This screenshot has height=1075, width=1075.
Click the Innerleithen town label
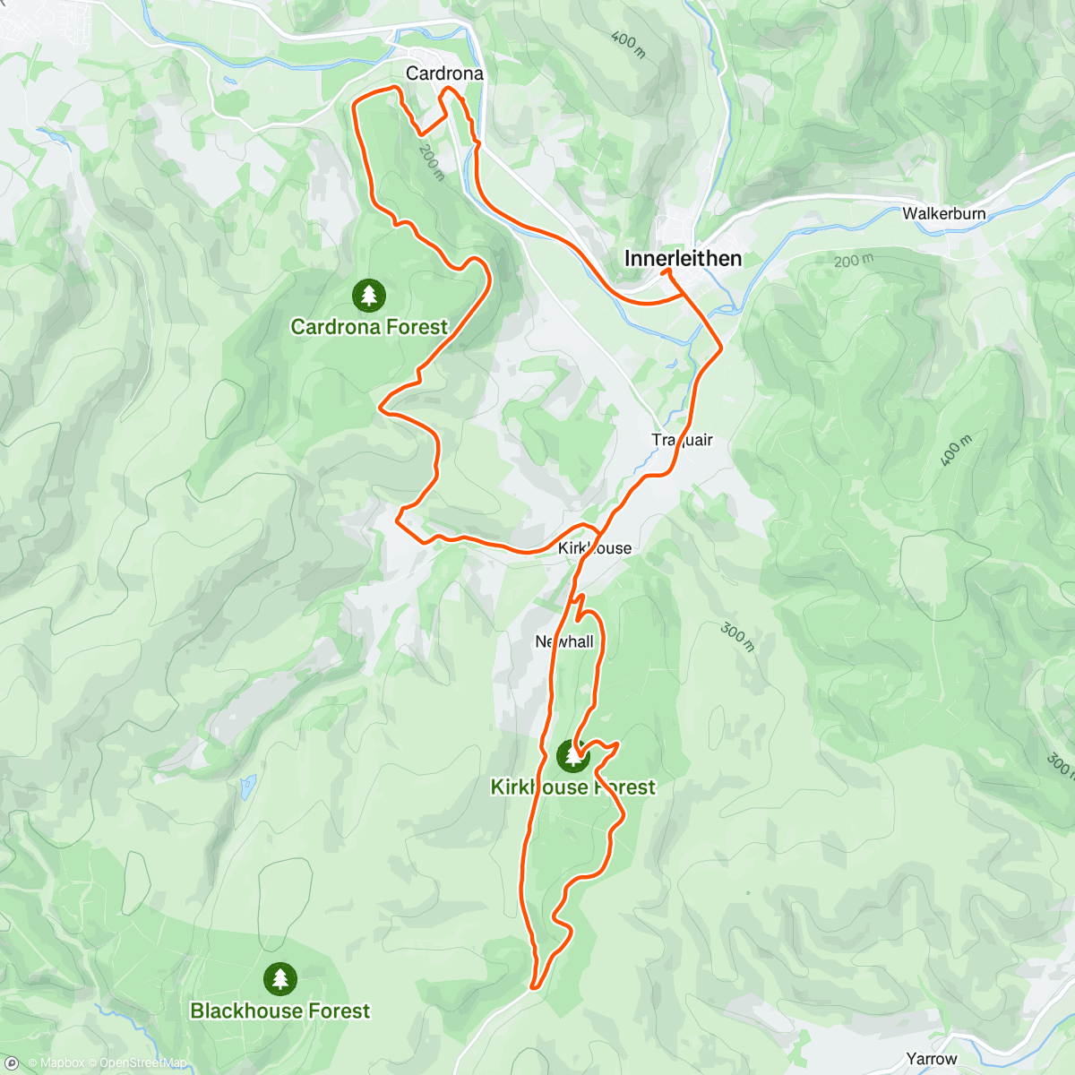point(683,259)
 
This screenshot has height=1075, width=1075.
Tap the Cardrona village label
point(444,73)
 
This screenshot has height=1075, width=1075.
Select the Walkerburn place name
point(943,213)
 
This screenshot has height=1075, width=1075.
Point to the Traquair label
point(683,439)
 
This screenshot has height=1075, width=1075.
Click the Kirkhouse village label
point(595,548)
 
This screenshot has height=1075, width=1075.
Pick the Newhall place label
point(564,641)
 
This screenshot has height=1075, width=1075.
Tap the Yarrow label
point(932,1059)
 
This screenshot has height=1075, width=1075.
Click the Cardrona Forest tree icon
point(368,295)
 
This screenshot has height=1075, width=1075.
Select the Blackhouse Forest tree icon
point(280,978)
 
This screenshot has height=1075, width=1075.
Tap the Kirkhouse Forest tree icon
point(573,756)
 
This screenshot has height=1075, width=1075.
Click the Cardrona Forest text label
point(369,327)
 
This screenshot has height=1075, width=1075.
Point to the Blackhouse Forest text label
point(279,1010)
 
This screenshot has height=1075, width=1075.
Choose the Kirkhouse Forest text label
point(573,787)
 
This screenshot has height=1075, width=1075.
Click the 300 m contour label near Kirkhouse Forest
point(738,637)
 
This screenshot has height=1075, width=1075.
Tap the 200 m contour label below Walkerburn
point(852,261)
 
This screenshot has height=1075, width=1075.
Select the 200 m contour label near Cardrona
point(432,164)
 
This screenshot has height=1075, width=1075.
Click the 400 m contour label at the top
point(628,43)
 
